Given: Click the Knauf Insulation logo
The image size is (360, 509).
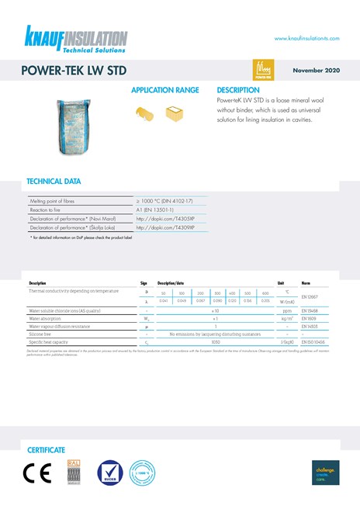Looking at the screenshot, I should [x=75, y=39].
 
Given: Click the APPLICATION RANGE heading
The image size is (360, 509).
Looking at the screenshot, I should [x=164, y=91].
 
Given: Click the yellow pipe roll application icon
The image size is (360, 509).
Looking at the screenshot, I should [x=145, y=115].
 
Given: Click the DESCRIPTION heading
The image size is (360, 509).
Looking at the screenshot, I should [x=238, y=91].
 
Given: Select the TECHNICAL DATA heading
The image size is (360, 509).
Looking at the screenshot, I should [x=54, y=182].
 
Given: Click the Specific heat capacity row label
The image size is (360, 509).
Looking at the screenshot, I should [x=51, y=341].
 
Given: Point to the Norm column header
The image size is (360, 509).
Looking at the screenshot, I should [x=306, y=283].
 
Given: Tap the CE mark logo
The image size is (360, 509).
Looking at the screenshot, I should [x=37, y=473].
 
